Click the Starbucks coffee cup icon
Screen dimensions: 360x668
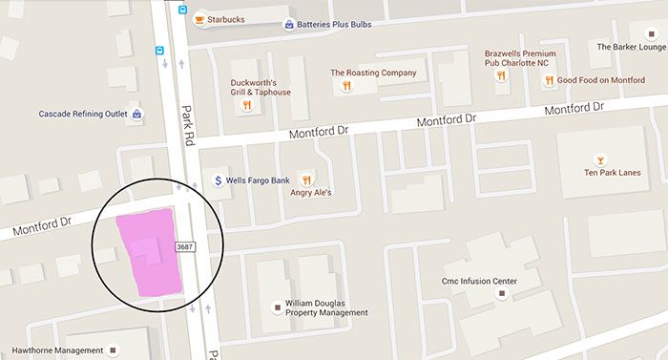199,18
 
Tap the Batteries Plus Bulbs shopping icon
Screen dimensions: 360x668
289,24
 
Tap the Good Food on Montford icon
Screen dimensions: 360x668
550,81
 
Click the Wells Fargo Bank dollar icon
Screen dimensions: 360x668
218,180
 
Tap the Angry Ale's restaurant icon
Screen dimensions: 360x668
305,178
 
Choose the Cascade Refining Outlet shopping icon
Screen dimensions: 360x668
138,115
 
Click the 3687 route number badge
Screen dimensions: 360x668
185,246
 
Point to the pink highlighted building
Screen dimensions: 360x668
146,254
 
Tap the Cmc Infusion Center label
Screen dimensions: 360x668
504,281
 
